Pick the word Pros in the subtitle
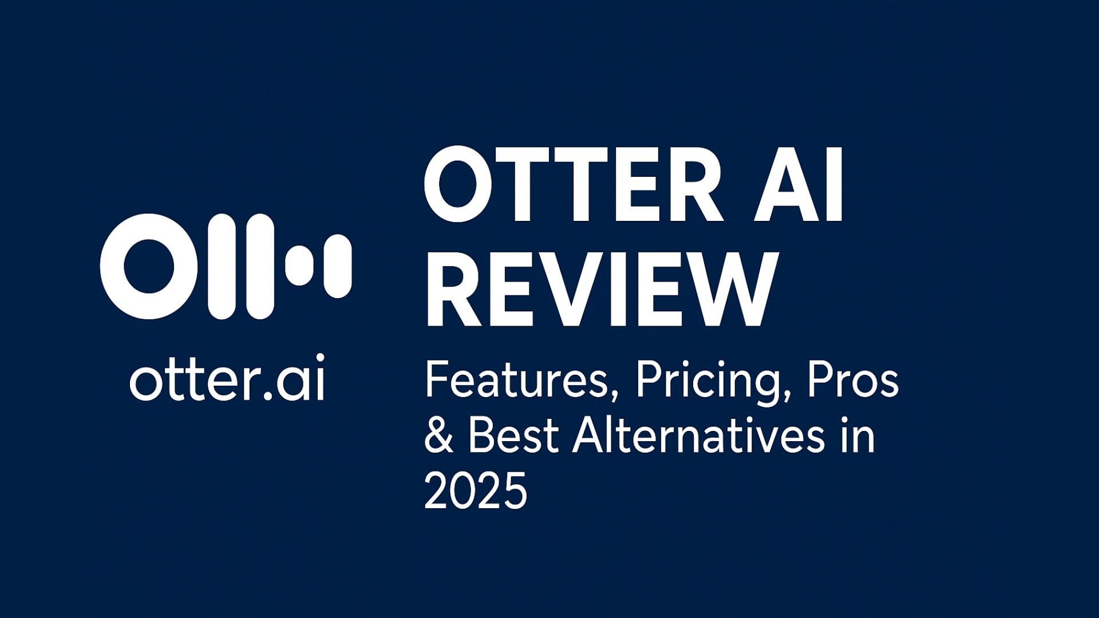(853, 382)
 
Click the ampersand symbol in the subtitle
(439, 437)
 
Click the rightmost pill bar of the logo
(338, 266)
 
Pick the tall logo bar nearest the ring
(222, 267)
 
